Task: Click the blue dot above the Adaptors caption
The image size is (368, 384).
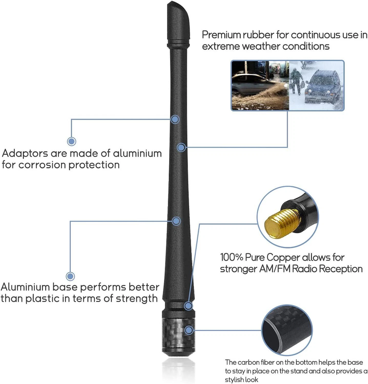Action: (72, 141)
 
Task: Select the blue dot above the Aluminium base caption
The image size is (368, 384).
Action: (71, 276)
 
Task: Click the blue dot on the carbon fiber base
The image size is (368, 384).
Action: (189, 330)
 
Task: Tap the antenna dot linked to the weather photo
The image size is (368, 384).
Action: (181, 147)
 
